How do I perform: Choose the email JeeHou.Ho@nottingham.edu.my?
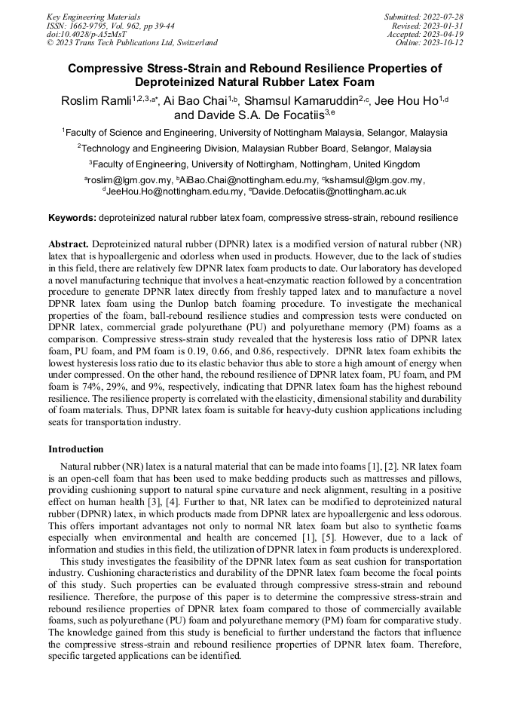pyautogui.click(x=174, y=191)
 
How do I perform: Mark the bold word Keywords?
pyautogui.click(x=72, y=218)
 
